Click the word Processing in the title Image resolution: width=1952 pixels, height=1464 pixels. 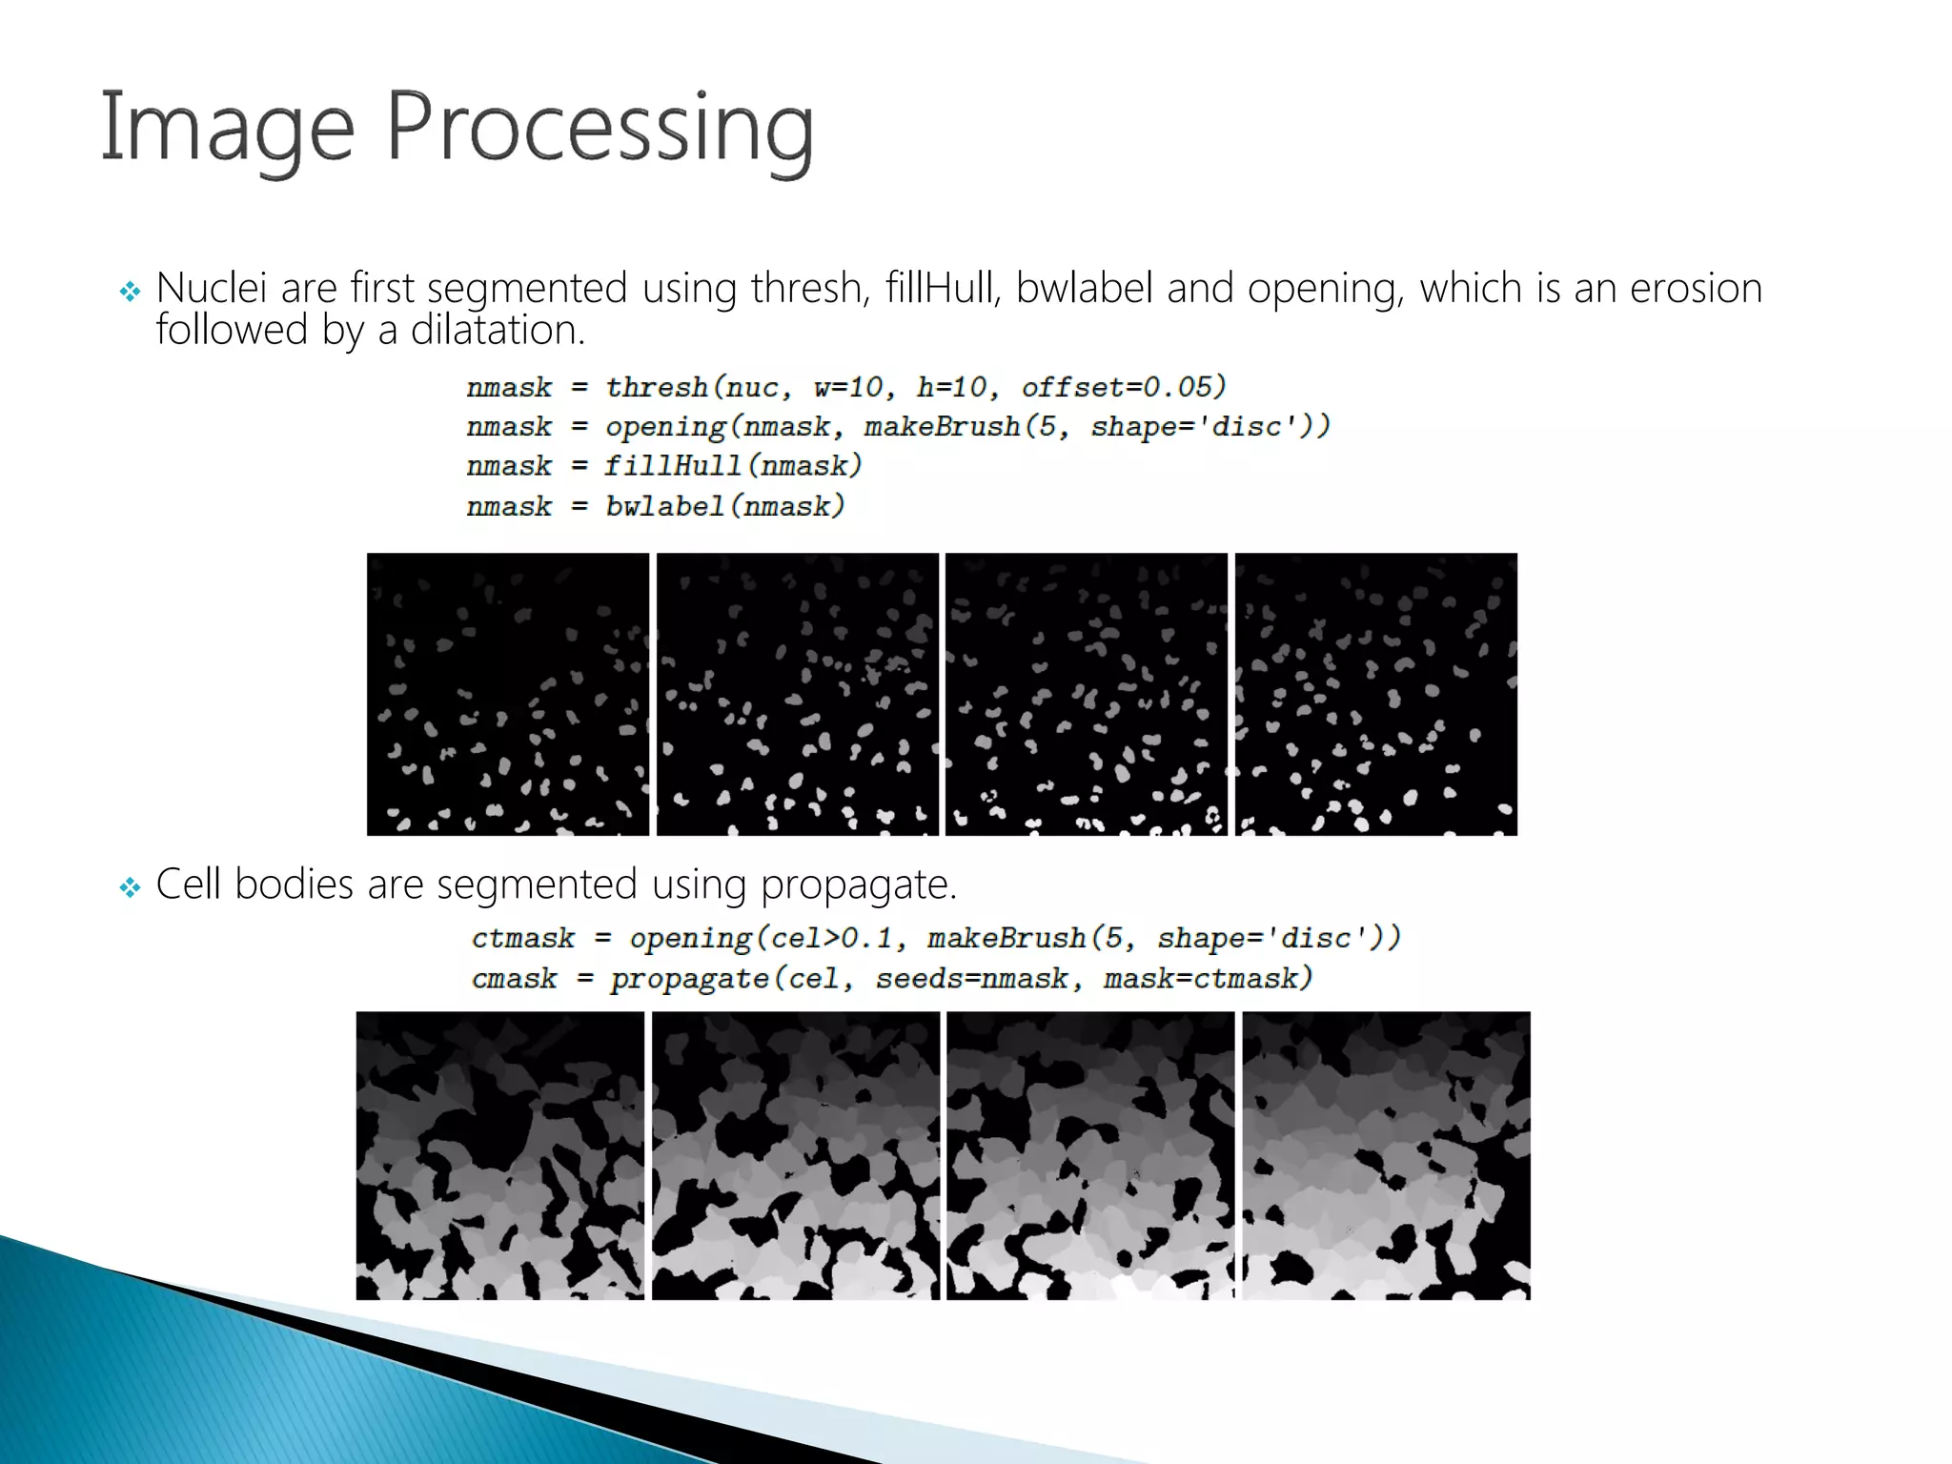point(600,129)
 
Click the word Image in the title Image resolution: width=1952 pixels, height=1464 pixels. point(227,129)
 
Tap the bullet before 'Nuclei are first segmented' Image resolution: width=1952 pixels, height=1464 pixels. point(130,291)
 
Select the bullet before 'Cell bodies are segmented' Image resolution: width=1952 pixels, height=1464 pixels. point(130,887)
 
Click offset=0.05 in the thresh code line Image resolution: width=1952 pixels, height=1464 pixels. point(1123,387)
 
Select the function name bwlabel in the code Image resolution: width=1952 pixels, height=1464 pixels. point(665,506)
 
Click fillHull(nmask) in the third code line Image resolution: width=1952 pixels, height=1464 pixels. point(733,466)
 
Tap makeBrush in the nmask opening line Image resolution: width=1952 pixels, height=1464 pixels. point(942,426)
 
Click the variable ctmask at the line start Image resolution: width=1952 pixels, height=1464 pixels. point(523,939)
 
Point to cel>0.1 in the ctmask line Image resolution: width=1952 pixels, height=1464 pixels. point(830,939)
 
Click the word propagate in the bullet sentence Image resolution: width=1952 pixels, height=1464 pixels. point(856,885)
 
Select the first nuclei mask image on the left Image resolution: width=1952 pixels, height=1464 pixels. point(507,694)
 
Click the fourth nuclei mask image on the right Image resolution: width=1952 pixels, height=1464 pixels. point(1375,694)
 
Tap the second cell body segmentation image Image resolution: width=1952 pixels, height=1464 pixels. point(795,1155)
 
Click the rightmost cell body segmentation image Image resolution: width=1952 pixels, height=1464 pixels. point(1386,1155)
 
